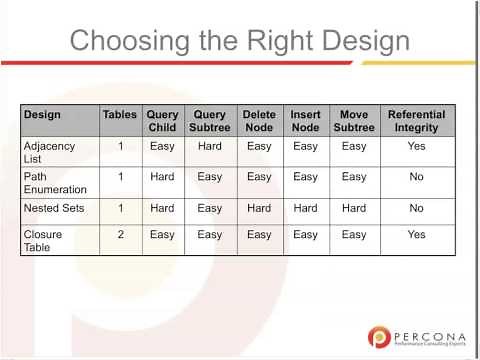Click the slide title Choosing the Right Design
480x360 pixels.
coord(240,41)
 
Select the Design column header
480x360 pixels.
coord(42,114)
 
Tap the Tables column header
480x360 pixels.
coord(120,114)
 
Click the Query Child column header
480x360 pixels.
coord(162,121)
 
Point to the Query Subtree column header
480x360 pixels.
coord(210,121)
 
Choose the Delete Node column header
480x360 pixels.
coord(258,121)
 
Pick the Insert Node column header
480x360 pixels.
coord(305,121)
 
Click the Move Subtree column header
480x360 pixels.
coord(354,121)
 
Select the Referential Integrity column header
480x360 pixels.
coord(416,121)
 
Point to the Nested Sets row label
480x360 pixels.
coord(52,208)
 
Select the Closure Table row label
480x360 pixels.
coord(41,240)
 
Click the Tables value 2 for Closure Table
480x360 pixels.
coord(120,234)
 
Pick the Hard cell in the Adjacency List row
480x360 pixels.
coord(210,146)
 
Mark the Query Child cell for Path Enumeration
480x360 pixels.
coord(162,176)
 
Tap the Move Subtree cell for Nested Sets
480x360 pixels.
coord(354,208)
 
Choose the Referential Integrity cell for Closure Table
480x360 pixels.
coord(416,234)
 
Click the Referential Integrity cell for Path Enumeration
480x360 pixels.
coord(416,176)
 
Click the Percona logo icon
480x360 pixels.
coord(379,337)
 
